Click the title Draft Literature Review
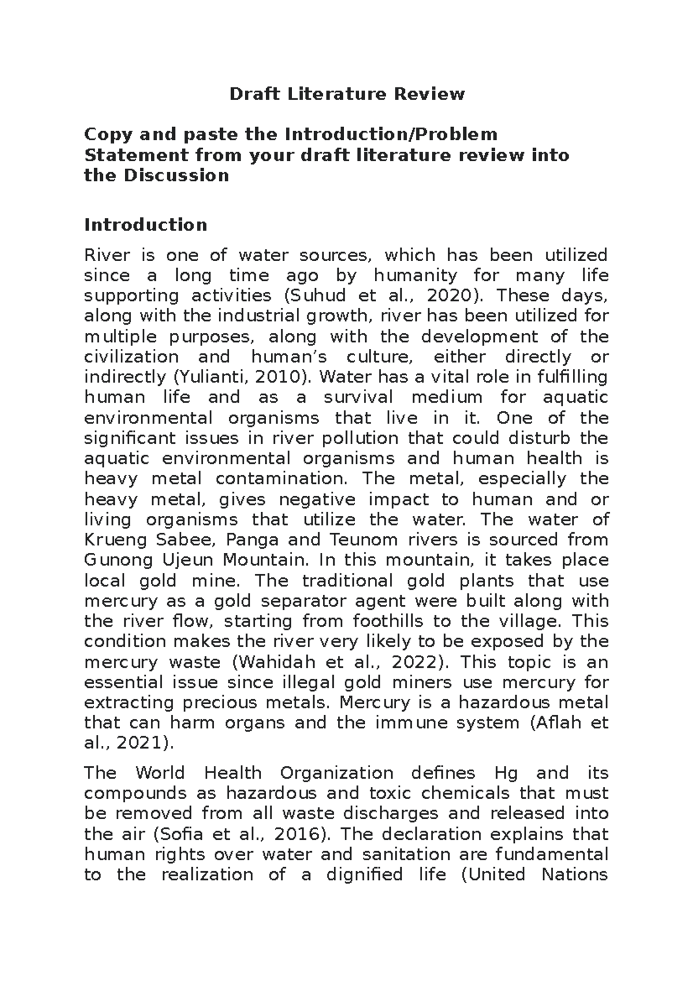pos(346,94)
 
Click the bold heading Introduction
pos(146,225)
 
